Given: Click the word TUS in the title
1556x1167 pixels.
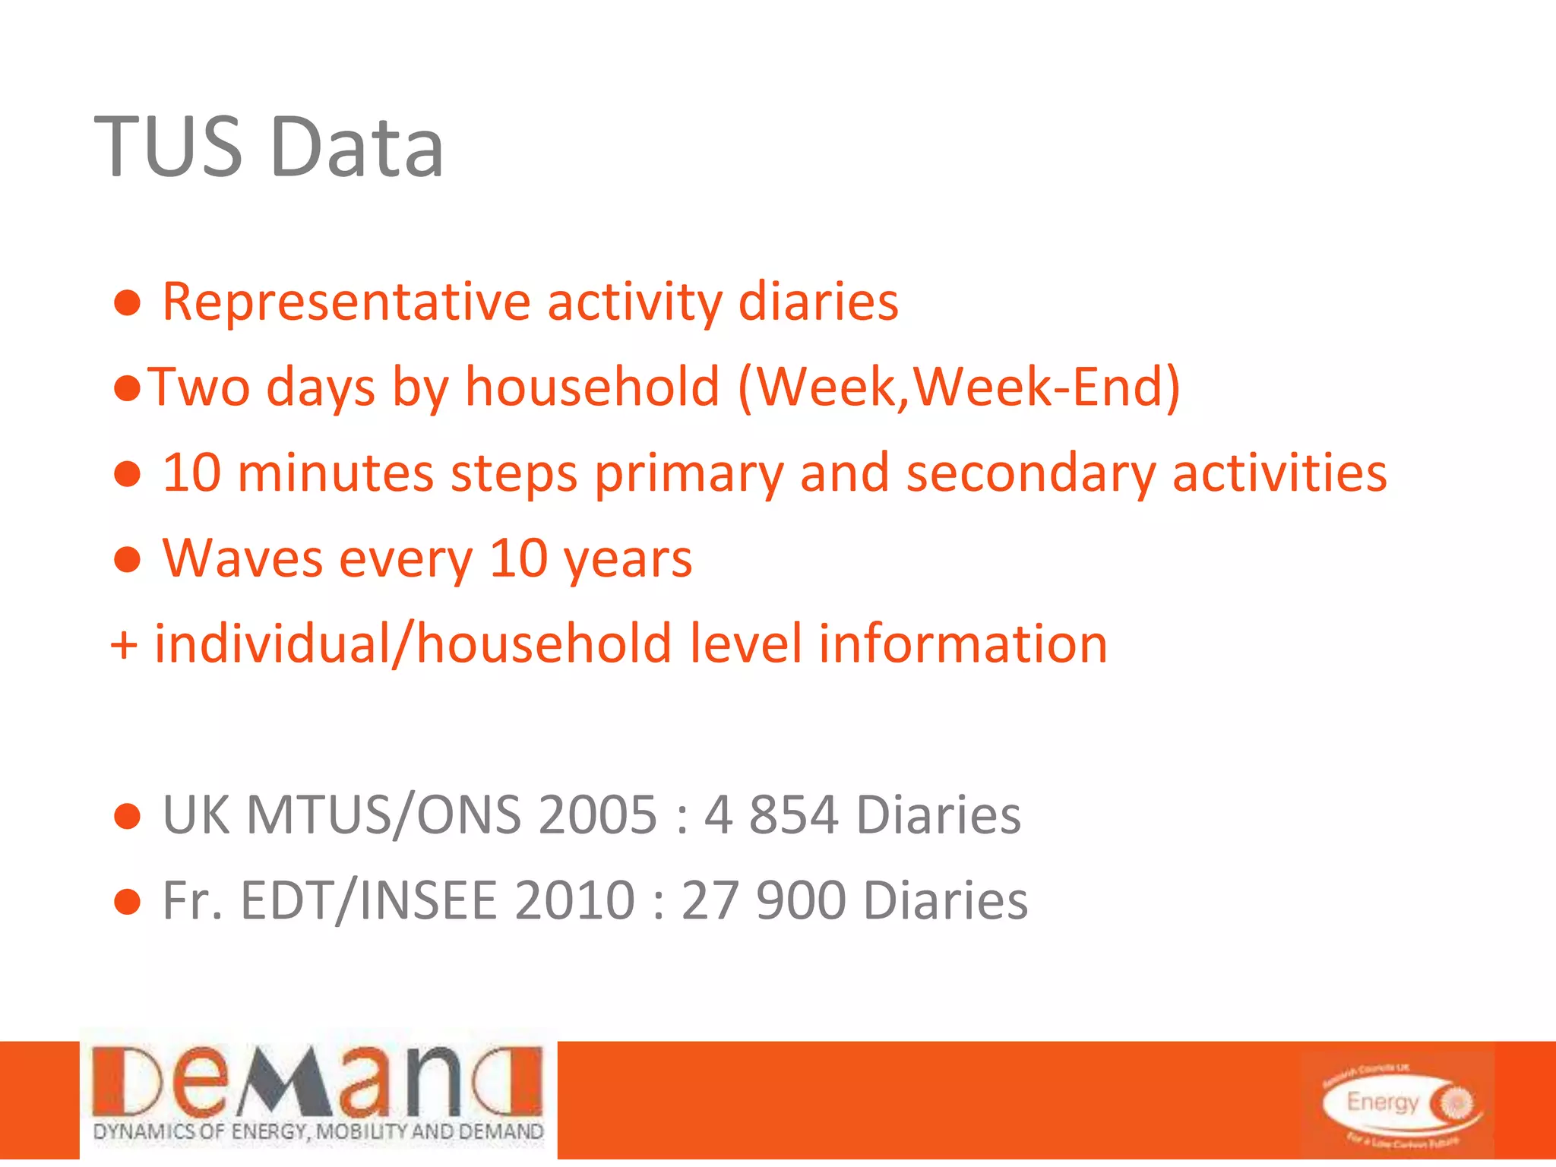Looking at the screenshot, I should pyautogui.click(x=169, y=146).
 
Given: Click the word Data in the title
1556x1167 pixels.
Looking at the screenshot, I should pyautogui.click(x=356, y=146).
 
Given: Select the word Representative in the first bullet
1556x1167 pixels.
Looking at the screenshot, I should pyautogui.click(x=346, y=303).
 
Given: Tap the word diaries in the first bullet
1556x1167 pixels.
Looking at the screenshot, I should pyautogui.click(x=818, y=302).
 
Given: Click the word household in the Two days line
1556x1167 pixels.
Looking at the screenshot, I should pyautogui.click(x=592, y=387).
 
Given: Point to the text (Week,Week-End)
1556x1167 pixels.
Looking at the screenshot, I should pyautogui.click(x=960, y=387).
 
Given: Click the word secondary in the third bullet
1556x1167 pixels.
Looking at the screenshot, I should pyautogui.click(x=1031, y=473).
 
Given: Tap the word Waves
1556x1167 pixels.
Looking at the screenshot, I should pyautogui.click(x=242, y=558).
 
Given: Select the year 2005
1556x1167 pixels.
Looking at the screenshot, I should pyautogui.click(x=597, y=815).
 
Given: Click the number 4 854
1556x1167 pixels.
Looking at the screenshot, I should pyautogui.click(x=771, y=815).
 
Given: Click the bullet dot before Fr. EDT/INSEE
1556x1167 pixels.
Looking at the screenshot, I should pyautogui.click(x=127, y=902).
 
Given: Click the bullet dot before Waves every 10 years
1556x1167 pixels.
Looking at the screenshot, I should pyautogui.click(x=127, y=560).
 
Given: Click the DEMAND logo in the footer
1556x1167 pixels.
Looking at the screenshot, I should pyautogui.click(x=318, y=1094).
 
